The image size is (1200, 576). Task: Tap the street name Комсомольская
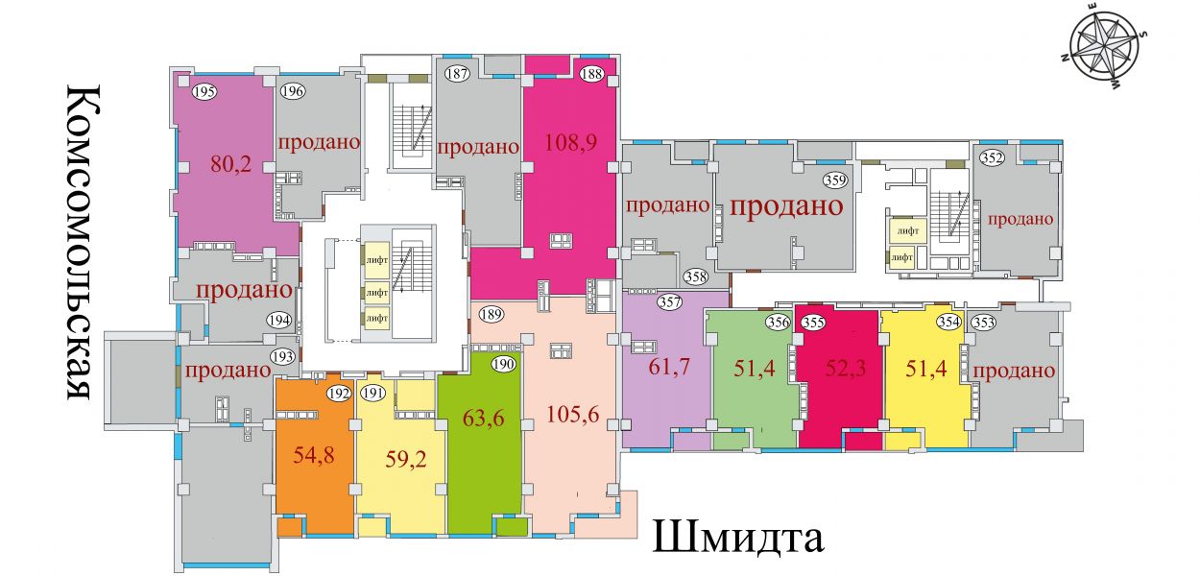click(84, 242)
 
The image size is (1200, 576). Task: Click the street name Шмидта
click(737, 538)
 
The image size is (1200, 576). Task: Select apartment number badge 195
click(204, 92)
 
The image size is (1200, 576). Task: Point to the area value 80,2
click(231, 163)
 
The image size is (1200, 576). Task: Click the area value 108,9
click(570, 142)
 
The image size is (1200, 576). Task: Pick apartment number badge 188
click(591, 73)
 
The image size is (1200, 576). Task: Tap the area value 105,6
click(573, 414)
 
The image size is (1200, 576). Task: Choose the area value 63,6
click(483, 418)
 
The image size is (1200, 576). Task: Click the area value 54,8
click(314, 455)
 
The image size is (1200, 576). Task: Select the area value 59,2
click(406, 459)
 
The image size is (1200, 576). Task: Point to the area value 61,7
click(669, 367)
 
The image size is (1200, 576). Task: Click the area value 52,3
click(846, 369)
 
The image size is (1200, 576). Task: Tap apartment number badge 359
click(836, 180)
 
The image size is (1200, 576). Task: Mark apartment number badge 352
click(992, 158)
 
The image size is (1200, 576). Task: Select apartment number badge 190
click(504, 365)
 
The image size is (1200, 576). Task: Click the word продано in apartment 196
click(319, 142)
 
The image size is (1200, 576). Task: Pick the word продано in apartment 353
click(1014, 371)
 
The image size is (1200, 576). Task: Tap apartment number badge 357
click(670, 302)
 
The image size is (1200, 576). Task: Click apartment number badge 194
click(279, 321)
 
